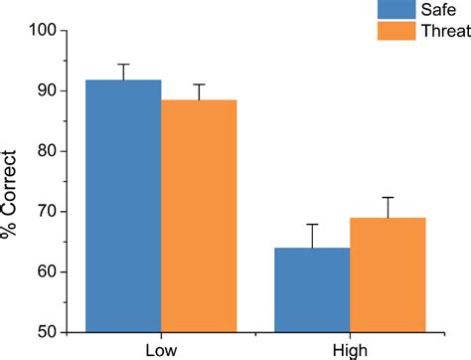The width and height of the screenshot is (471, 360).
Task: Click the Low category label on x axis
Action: pyautogui.click(x=161, y=349)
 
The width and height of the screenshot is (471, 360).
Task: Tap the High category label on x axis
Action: pyautogui.click(x=350, y=349)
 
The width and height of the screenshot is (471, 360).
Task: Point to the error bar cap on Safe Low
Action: pyautogui.click(x=123, y=64)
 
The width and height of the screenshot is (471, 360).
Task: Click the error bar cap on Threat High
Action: pyautogui.click(x=388, y=197)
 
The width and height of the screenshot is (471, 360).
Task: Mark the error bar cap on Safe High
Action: pyautogui.click(x=312, y=225)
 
